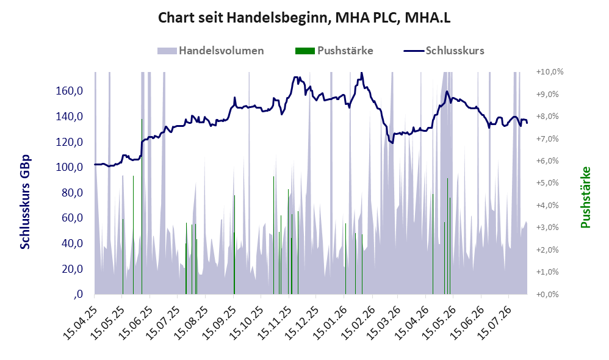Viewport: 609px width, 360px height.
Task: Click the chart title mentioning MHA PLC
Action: [304, 18]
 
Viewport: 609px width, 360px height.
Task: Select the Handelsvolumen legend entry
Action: [211, 51]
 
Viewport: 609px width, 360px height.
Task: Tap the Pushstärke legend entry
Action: [334, 51]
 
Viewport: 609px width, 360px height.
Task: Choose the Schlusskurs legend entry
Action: [444, 51]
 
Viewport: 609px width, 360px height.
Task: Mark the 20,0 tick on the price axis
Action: [73, 268]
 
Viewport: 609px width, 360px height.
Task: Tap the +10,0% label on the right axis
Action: [550, 72]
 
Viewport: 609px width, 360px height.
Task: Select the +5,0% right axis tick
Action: [547, 183]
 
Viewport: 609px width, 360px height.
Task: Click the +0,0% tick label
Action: [547, 294]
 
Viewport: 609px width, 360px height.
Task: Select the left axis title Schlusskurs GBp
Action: [25, 202]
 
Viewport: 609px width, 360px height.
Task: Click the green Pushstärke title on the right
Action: [585, 197]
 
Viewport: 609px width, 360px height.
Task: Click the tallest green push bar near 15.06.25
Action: [142, 206]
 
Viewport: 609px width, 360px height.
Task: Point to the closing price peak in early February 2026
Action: [362, 73]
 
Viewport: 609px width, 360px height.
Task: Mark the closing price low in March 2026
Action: [392, 143]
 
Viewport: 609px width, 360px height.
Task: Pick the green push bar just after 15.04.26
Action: [433, 244]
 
